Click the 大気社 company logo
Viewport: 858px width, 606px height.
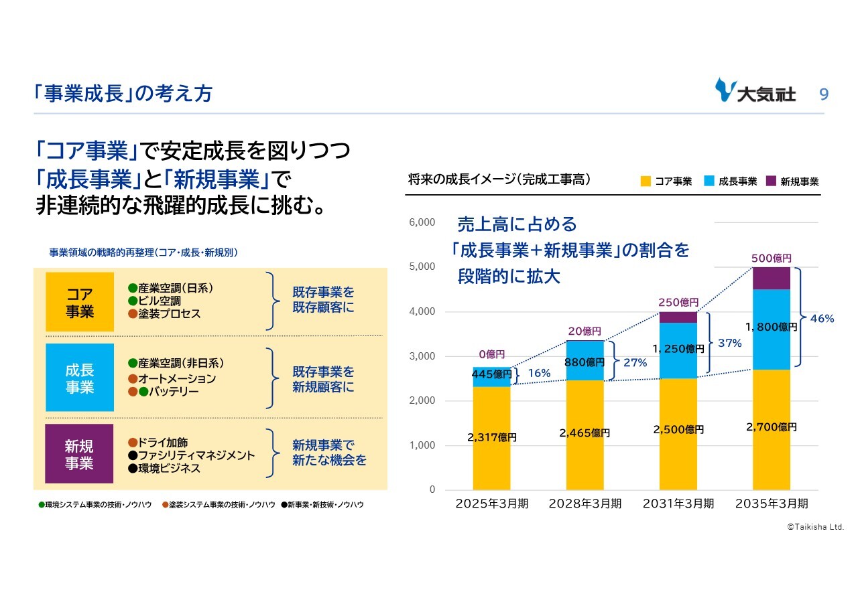tap(755, 92)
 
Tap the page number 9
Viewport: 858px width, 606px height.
tap(824, 94)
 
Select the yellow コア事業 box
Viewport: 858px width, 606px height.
tap(80, 302)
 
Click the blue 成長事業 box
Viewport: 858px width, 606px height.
tap(80, 378)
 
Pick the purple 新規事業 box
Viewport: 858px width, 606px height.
tap(79, 454)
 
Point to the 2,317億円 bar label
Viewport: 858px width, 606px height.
tap(492, 437)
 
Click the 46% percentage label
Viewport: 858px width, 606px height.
tap(822, 319)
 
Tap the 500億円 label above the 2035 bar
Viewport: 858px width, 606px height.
tap(771, 258)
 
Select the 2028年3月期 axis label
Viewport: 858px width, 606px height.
tap(585, 504)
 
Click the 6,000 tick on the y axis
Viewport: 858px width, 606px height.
tap(422, 222)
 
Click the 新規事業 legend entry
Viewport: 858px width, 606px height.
tap(792, 181)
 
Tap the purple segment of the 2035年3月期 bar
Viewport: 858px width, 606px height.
tap(771, 278)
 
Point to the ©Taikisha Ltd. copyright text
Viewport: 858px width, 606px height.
tap(814, 527)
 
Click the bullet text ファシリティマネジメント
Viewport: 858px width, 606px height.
tap(196, 455)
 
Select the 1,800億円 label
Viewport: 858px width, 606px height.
tap(772, 327)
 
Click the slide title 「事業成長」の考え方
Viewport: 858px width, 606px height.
tap(123, 93)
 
